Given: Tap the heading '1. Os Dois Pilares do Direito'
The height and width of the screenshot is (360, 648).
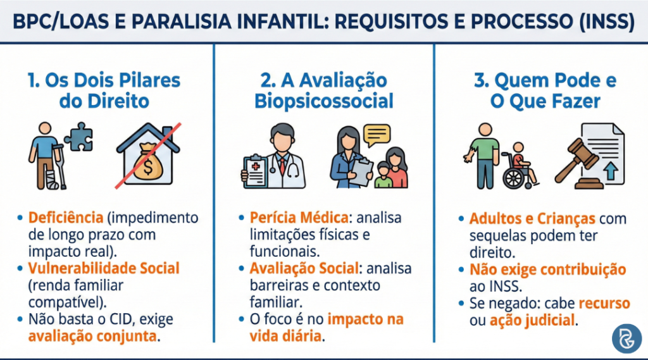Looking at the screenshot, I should point(104,91).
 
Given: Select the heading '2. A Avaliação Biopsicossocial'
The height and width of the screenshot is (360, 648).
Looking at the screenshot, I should point(324,91).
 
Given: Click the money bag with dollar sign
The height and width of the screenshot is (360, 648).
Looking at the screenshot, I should point(147,163).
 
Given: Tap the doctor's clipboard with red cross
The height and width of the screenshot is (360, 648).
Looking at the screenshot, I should point(254,170).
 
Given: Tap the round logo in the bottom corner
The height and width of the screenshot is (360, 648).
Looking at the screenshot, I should point(626,338).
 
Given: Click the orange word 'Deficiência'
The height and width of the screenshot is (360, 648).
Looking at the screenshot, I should point(65,218).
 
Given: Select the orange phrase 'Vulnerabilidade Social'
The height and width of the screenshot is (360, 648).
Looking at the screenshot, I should point(104,268).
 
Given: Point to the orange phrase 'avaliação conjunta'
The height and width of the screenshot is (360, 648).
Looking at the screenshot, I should point(92,335).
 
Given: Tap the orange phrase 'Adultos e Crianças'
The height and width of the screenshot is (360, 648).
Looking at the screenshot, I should point(532,219).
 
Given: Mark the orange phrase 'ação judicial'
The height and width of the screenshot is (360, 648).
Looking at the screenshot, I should point(533,320).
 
